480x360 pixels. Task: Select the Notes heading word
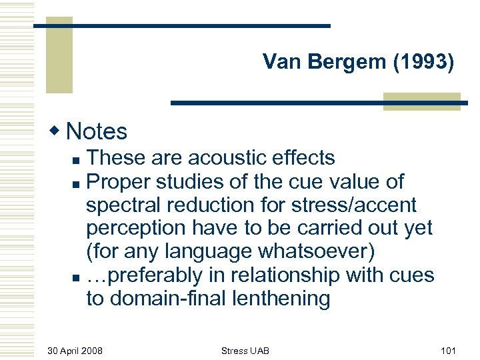click(97, 131)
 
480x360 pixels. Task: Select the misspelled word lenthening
click(279, 298)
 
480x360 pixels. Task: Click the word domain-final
click(166, 298)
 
